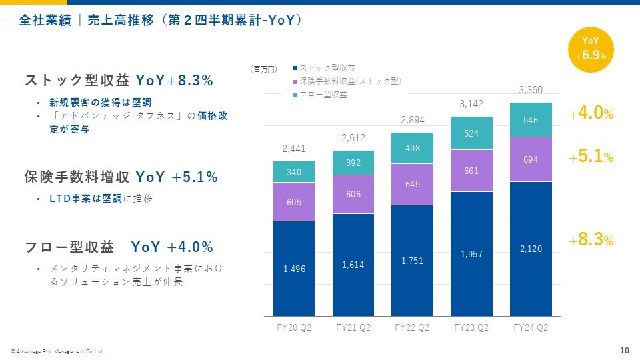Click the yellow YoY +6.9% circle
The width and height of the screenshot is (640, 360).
click(x=591, y=50)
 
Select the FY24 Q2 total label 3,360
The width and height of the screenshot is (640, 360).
click(x=531, y=90)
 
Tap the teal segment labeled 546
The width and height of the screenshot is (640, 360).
click(x=531, y=120)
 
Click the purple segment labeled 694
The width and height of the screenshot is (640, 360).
click(x=531, y=159)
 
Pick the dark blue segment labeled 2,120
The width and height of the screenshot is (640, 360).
click(x=531, y=249)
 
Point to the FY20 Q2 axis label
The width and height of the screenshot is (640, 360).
click(x=294, y=327)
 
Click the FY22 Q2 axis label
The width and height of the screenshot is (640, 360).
click(x=412, y=327)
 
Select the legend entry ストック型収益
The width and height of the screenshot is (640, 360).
click(x=327, y=67)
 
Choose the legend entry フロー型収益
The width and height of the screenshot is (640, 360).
click(x=323, y=95)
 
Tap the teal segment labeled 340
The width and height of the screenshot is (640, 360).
click(x=294, y=172)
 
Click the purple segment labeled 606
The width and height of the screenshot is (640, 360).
click(x=353, y=194)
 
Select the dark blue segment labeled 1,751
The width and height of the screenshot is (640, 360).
click(x=412, y=261)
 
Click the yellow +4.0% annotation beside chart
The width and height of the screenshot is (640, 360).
click(x=591, y=114)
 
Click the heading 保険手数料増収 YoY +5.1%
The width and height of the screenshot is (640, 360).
click(x=121, y=177)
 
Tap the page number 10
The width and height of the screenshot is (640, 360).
click(x=624, y=351)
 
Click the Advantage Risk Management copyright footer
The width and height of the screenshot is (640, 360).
click(x=57, y=351)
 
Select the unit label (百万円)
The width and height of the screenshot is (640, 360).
click(x=263, y=68)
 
